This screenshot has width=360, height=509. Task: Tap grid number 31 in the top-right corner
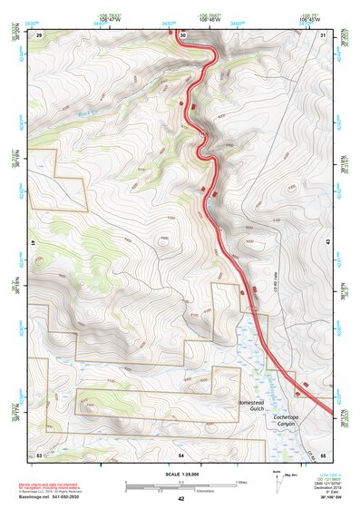pyautogui.click(x=323, y=34)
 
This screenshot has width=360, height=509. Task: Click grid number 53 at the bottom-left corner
pyautogui.click(x=39, y=453)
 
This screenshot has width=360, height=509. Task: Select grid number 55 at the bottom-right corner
pyautogui.click(x=323, y=453)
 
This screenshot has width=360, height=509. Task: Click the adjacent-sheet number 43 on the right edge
pyautogui.click(x=327, y=242)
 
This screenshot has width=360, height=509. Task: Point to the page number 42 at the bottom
pyautogui.click(x=180, y=499)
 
